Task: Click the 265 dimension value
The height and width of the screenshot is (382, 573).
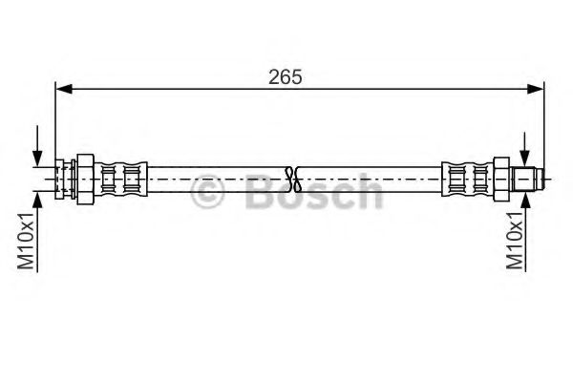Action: coord(286,77)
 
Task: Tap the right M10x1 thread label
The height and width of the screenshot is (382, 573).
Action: coord(517,243)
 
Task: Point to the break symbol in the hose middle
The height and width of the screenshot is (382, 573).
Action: coord(294,177)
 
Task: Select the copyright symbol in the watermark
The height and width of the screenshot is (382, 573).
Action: coord(208,194)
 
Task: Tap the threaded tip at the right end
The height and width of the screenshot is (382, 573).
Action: coord(528,178)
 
